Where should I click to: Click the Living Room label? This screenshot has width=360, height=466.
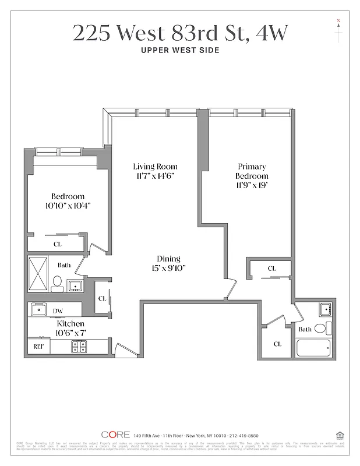pyautogui.click(x=154, y=167)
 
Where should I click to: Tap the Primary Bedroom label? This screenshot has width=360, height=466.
pyautogui.click(x=252, y=171)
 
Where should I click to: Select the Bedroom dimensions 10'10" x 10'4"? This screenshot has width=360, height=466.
pyautogui.click(x=68, y=206)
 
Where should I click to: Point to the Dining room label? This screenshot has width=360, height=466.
pyautogui.click(x=168, y=259)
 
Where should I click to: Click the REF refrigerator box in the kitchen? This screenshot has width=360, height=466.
pyautogui.click(x=38, y=346)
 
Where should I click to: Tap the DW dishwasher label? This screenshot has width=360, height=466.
pyautogui.click(x=58, y=311)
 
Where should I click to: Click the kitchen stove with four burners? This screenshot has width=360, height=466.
pyautogui.click(x=79, y=346)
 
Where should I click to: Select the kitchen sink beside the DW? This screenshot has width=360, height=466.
pyautogui.click(x=39, y=309)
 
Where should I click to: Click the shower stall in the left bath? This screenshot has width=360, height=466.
pyautogui.click(x=41, y=273)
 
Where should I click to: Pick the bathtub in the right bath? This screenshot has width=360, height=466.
pyautogui.click(x=313, y=348)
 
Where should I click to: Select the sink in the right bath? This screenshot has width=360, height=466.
pyautogui.click(x=324, y=309)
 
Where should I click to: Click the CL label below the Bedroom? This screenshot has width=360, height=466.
pyautogui.click(x=58, y=244)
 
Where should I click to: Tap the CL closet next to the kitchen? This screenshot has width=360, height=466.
pyautogui.click(x=102, y=298)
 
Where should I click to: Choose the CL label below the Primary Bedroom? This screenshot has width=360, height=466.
pyautogui.click(x=271, y=269)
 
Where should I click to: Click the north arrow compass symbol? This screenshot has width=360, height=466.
pyautogui.click(x=338, y=30)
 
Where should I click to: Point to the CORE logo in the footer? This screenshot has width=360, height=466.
pyautogui.click(x=115, y=435)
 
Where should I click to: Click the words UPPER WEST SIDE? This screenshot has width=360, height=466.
pyautogui.click(x=180, y=50)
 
